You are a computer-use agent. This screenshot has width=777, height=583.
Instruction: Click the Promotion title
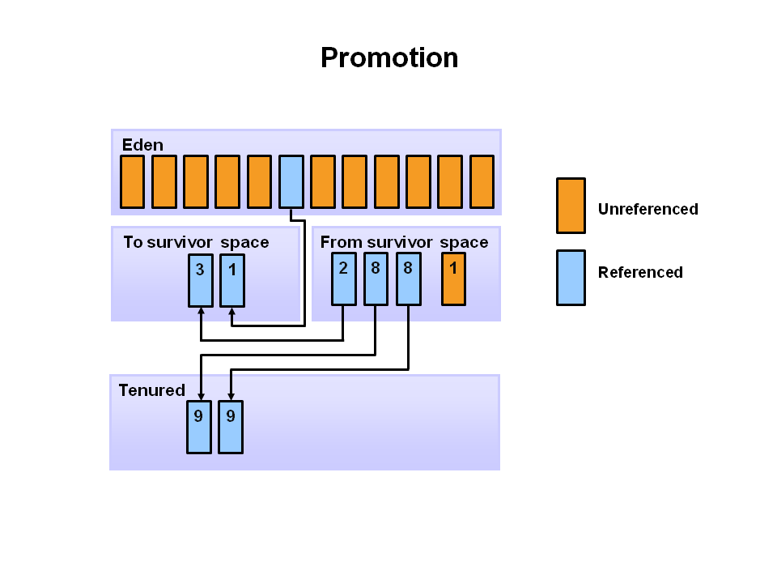pos(389,58)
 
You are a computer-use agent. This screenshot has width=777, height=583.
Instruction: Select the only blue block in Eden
pos(291,181)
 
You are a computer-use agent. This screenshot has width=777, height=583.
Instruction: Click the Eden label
pos(142,145)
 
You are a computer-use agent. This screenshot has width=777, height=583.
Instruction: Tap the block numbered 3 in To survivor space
pos(201,280)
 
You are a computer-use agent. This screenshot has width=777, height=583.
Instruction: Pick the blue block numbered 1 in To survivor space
pos(232,280)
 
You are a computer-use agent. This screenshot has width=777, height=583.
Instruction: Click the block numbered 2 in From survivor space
pos(344,279)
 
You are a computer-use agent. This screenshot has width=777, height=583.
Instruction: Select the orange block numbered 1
pos(453,279)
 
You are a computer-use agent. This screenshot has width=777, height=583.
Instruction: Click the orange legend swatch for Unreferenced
pos(571,206)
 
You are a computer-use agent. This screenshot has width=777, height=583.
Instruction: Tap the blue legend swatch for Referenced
pos(571,278)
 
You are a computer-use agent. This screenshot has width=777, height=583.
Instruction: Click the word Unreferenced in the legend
pos(647,209)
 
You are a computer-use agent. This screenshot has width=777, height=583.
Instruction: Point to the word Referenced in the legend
pos(640,272)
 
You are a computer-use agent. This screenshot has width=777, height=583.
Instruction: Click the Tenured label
pos(151,390)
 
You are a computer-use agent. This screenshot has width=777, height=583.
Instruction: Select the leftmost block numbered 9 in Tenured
pos(199,427)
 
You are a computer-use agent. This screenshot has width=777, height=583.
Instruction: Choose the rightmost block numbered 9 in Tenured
pos(231,427)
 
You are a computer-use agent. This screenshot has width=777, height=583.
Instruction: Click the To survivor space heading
pos(196,242)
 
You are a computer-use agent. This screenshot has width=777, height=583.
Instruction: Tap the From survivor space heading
pos(404,242)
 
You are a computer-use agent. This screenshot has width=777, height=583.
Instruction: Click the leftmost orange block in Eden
pos(133,181)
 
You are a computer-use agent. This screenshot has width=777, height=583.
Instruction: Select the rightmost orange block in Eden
pos(482,181)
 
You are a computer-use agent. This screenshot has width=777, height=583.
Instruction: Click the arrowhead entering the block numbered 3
pos(201,312)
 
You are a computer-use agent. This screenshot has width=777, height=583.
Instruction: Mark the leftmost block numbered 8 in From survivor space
pos(376,279)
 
